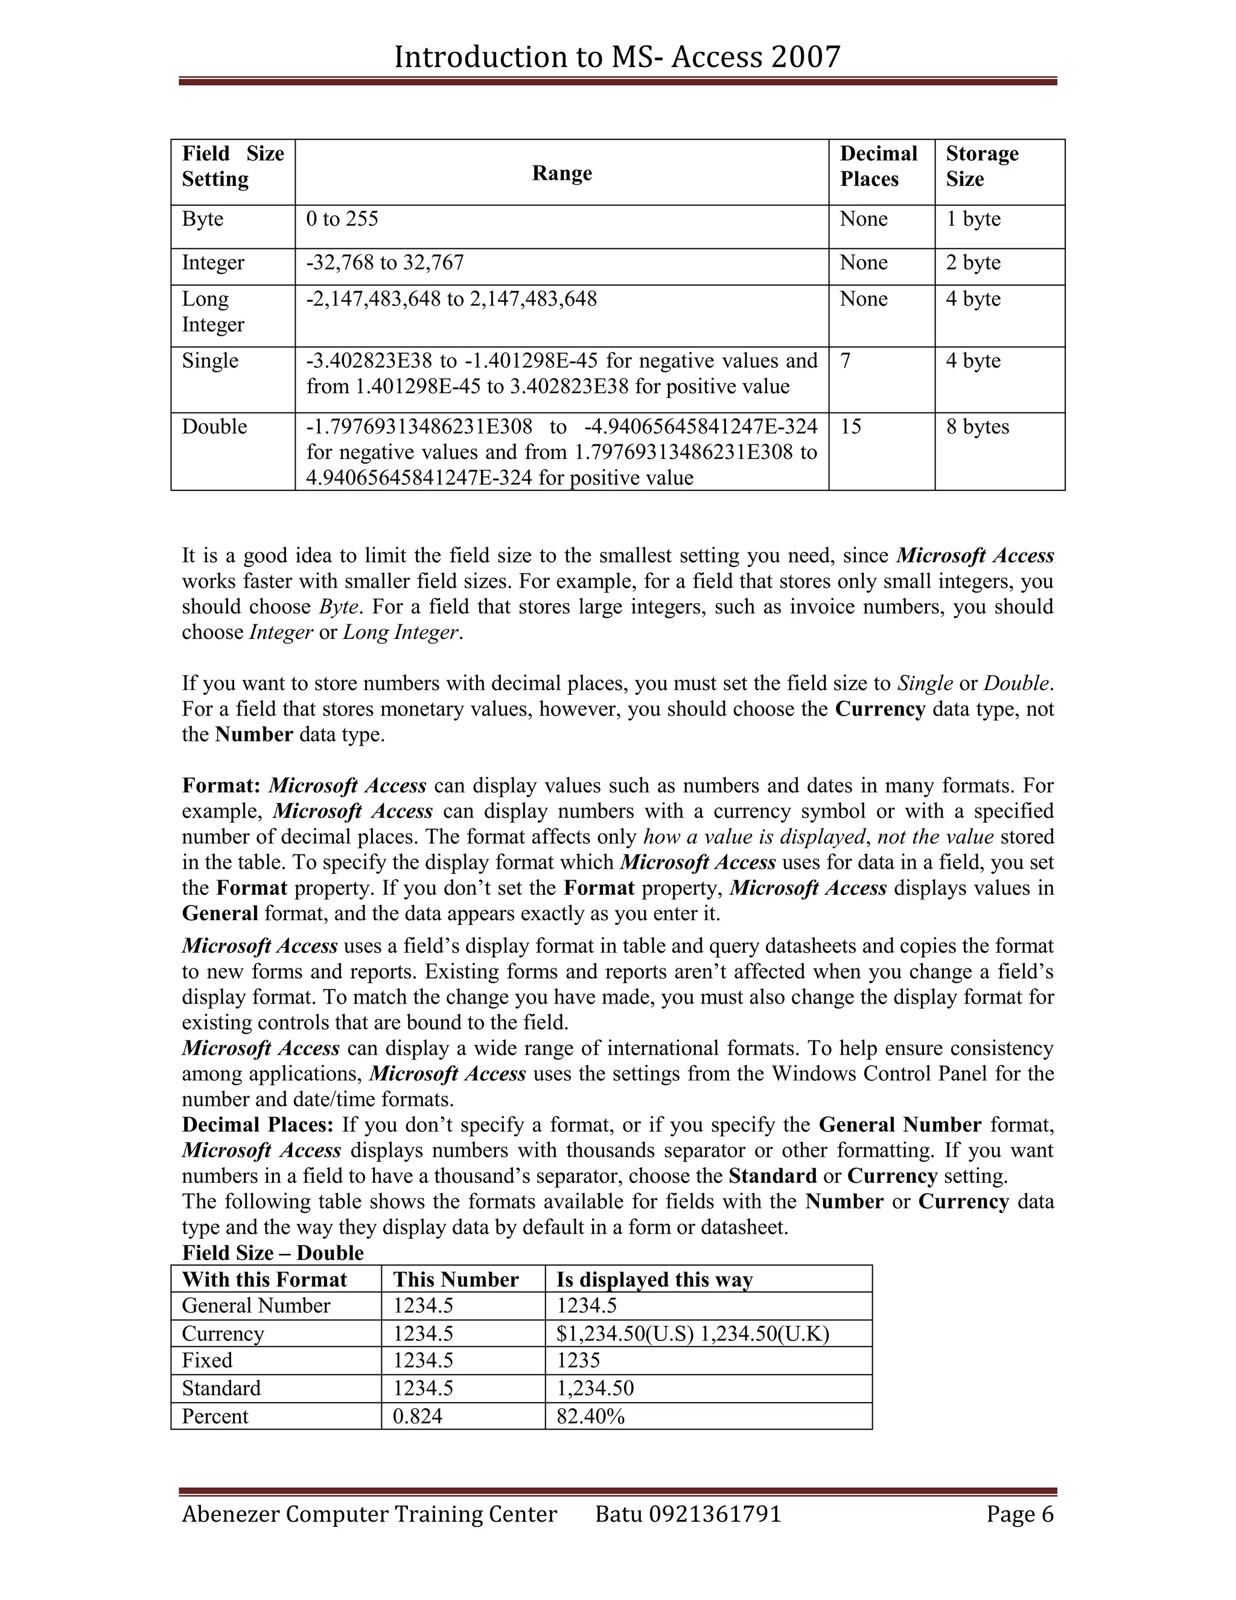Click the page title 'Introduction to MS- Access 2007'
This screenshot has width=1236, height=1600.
tap(617, 57)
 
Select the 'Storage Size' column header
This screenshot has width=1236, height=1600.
tap(981, 166)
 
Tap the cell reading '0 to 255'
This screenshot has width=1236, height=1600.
tap(342, 219)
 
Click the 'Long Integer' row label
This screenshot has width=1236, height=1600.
tap(213, 312)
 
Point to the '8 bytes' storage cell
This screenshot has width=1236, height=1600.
tap(977, 426)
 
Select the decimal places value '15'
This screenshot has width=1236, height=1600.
tap(850, 426)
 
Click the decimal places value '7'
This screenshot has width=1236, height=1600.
tap(846, 360)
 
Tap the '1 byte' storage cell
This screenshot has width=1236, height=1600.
tap(973, 219)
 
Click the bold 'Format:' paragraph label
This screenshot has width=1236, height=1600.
tap(221, 786)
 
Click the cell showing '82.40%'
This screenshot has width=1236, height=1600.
tap(590, 1416)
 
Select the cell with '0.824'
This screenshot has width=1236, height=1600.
tap(418, 1416)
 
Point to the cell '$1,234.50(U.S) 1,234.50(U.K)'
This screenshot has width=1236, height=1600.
tap(692, 1333)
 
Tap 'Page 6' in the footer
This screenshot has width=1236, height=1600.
tap(1019, 1514)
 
